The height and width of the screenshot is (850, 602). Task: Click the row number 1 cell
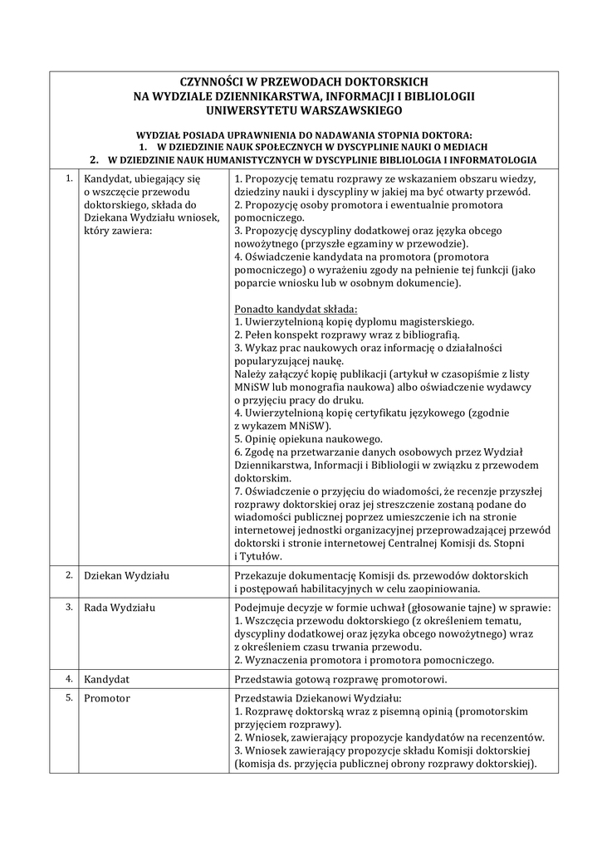click(x=69, y=178)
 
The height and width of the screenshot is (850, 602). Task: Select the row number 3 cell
click(x=69, y=607)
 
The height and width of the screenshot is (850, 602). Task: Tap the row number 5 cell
click(x=69, y=698)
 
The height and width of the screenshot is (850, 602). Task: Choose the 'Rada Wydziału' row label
click(x=121, y=608)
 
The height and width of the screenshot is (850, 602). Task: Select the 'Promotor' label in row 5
click(x=107, y=699)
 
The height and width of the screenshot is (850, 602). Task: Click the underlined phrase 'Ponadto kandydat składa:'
click(x=296, y=308)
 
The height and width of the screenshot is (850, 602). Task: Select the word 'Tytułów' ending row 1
click(x=259, y=557)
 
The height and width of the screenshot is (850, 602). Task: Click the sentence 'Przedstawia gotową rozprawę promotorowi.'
click(x=341, y=680)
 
